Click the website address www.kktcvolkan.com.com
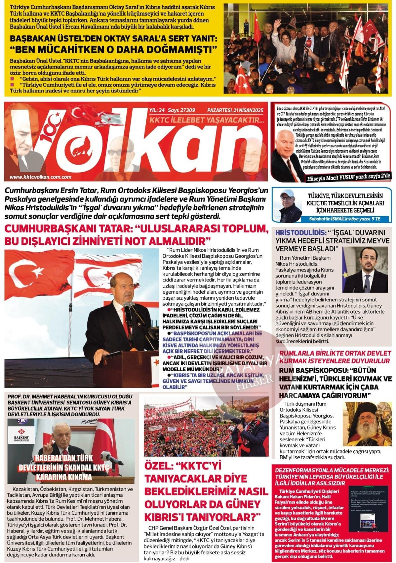(40, 177)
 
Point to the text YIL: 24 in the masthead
(157, 110)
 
